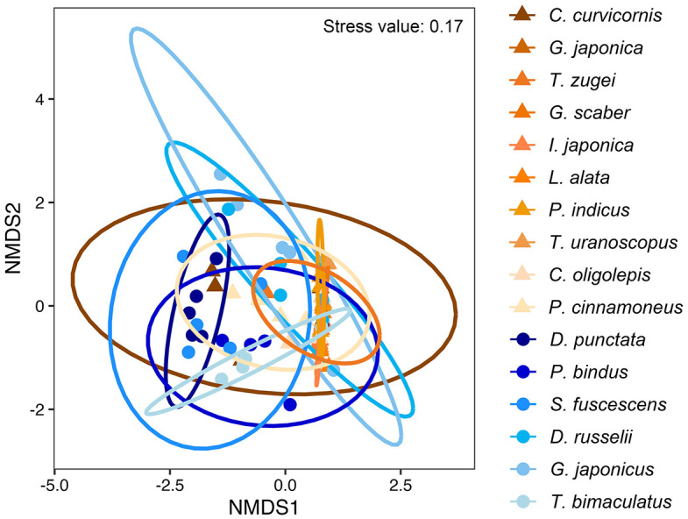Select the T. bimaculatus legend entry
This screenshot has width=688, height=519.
click(x=609, y=501)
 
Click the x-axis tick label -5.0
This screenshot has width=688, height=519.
click(x=54, y=482)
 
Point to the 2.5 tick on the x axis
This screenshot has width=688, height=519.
click(x=399, y=482)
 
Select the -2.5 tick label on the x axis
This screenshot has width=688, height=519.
click(x=169, y=482)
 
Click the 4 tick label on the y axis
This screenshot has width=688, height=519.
click(x=39, y=99)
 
